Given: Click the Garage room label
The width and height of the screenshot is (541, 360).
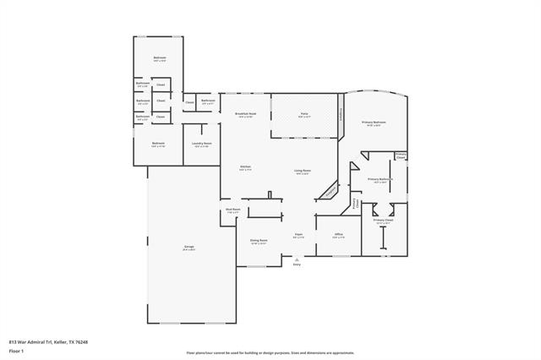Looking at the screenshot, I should pos(189,247).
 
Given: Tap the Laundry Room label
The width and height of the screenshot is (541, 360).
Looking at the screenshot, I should pos(201,145).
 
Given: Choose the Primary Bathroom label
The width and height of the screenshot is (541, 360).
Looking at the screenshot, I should pos(379,179).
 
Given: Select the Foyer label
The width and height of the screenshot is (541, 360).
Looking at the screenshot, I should pos(298,235).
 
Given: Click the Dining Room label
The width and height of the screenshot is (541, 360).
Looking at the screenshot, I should pos(259,241).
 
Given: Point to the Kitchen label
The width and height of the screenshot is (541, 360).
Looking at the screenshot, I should pos(245,168).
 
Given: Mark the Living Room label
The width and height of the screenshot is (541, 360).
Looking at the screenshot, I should pos(302,172).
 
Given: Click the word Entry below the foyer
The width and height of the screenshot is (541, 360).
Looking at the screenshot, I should pos(297,265).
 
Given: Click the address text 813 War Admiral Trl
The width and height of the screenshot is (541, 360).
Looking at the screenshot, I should pos(44,341).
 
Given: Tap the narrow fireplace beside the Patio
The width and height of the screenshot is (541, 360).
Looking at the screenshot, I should pos(342,117).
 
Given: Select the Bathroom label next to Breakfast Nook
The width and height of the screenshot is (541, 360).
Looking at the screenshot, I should pos(208,101).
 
